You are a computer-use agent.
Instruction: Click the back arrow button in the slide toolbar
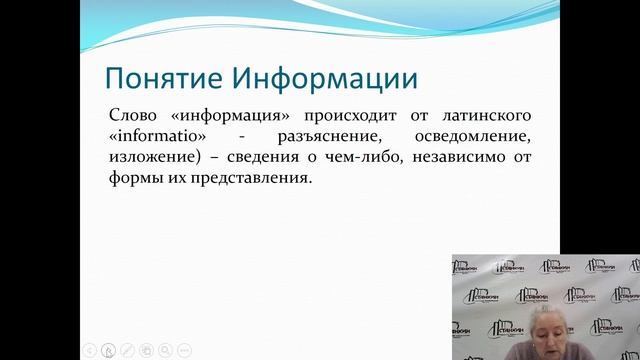click(x=89, y=350)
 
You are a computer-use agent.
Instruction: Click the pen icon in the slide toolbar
click(x=127, y=350)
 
